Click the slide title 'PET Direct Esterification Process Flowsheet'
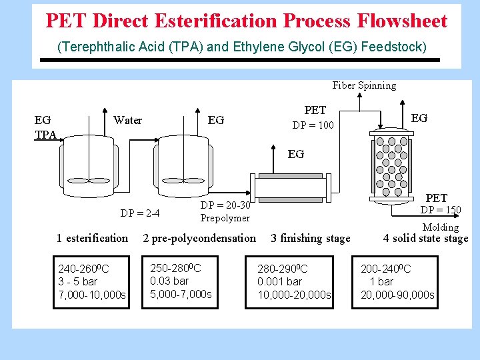(246, 21)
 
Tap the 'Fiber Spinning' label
(364, 85)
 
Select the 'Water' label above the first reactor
(128, 121)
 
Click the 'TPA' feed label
(45, 135)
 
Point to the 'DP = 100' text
(313, 125)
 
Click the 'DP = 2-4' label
(139, 213)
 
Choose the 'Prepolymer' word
(225, 218)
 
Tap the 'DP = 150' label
(440, 210)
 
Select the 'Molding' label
(441, 227)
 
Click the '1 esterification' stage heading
(92, 238)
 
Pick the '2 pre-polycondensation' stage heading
(199, 238)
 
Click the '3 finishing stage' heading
(310, 239)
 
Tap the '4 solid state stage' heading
(425, 238)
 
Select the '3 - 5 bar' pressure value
(78, 281)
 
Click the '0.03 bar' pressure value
(169, 281)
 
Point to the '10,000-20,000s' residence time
(294, 295)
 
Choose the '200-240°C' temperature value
(386, 269)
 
